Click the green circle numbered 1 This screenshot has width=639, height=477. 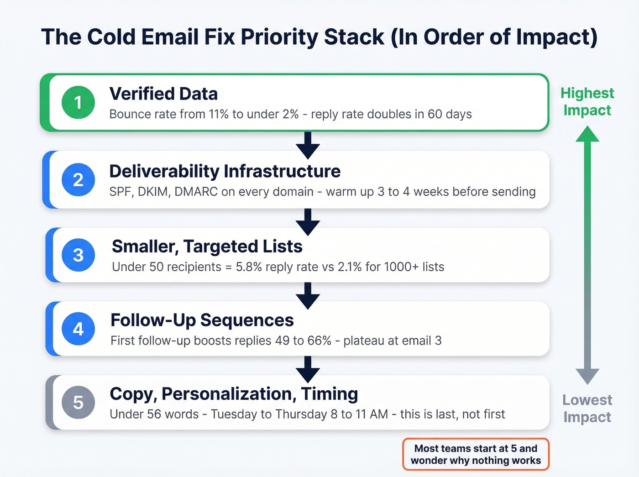click(x=78, y=103)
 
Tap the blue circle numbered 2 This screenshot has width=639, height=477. click(x=78, y=180)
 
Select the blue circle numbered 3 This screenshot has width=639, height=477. click(x=78, y=255)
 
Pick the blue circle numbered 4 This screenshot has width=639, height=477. click(x=78, y=329)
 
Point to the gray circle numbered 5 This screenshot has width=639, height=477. click(x=78, y=403)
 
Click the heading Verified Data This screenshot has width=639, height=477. click(x=163, y=94)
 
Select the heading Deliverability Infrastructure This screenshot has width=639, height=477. click(x=225, y=171)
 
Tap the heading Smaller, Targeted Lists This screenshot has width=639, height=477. click(x=207, y=246)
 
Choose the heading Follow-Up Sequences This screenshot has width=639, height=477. click(x=202, y=320)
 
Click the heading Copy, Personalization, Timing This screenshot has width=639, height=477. click(x=234, y=394)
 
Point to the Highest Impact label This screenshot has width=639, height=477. click(x=587, y=101)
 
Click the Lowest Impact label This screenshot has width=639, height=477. click(x=587, y=408)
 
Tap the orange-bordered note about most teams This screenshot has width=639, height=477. click(x=476, y=454)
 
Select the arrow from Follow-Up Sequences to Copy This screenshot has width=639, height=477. click(x=308, y=369)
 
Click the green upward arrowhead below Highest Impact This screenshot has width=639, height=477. click(x=587, y=134)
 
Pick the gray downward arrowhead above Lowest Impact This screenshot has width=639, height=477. click(x=587, y=376)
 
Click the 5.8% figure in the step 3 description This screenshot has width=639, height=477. click(x=249, y=267)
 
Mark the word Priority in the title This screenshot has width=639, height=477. click(x=279, y=37)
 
